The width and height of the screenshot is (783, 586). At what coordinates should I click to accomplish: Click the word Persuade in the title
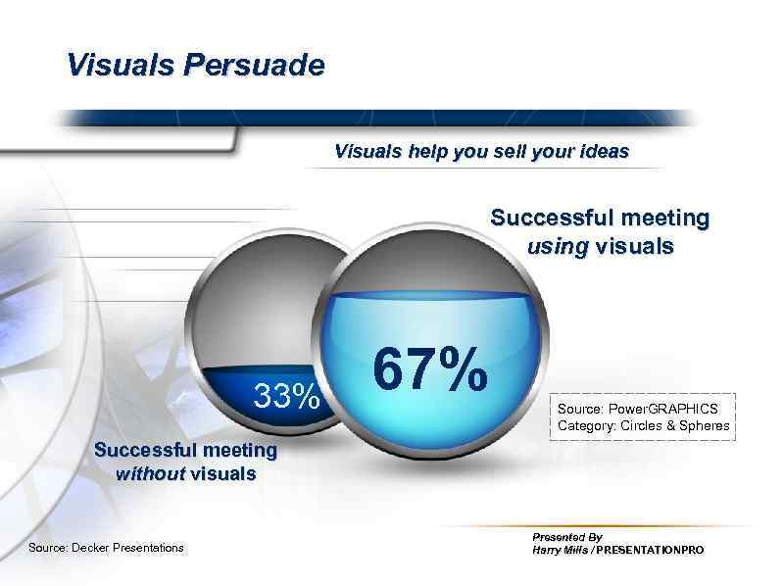click(x=262, y=66)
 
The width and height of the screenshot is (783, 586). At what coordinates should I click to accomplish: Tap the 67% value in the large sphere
click(x=430, y=370)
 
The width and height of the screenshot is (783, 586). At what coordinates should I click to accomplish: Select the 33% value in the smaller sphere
click(x=286, y=396)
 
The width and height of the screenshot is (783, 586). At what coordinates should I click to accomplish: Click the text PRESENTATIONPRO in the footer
click(x=650, y=551)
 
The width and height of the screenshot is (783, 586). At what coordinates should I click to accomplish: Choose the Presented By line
click(x=566, y=537)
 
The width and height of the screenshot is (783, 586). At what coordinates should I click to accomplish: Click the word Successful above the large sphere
click(x=546, y=218)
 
